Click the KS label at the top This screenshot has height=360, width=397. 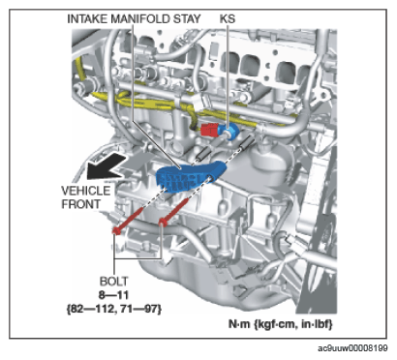[228, 18]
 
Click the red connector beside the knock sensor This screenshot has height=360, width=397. [209, 130]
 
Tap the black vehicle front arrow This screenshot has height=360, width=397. [106, 166]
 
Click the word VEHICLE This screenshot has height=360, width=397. [86, 191]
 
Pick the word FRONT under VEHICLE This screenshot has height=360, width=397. [80, 204]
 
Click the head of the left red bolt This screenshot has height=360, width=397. [116, 230]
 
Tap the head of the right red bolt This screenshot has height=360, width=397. [163, 222]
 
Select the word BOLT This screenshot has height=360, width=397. [113, 281]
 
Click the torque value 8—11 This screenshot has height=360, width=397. [113, 295]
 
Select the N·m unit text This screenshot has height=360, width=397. [239, 323]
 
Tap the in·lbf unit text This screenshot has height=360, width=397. [317, 323]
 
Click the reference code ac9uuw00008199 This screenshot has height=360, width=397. [352, 348]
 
